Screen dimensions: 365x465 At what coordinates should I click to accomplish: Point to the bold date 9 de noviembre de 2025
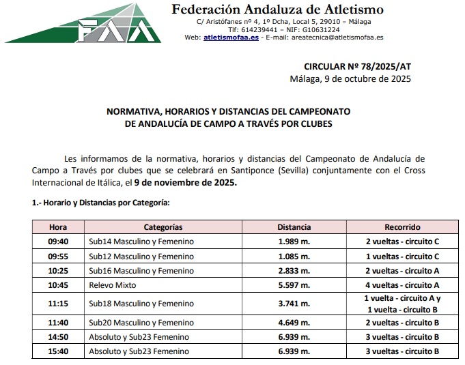pyautogui.click(x=186, y=183)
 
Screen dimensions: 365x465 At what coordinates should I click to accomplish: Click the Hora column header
pyautogui.click(x=58, y=227)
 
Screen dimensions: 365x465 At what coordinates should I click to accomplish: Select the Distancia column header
pyautogui.click(x=294, y=227)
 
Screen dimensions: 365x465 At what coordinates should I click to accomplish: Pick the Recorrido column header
pyautogui.click(x=402, y=227)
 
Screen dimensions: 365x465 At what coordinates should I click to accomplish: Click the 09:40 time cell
pyautogui.click(x=58, y=242)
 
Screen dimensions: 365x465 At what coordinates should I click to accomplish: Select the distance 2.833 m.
pyautogui.click(x=294, y=271)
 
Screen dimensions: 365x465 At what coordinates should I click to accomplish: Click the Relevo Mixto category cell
pyautogui.click(x=113, y=285)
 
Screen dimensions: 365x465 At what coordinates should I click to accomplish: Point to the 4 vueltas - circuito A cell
pyautogui.click(x=402, y=285)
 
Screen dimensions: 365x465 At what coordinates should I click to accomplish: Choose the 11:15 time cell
pyautogui.click(x=58, y=304)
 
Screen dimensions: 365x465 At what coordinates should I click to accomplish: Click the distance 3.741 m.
pyautogui.click(x=294, y=304)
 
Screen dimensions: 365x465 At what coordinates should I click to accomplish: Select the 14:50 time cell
pyautogui.click(x=58, y=336)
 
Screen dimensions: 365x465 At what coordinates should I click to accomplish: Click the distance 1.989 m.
pyautogui.click(x=294, y=242)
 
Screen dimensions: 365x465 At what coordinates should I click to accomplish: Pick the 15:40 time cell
pyautogui.click(x=58, y=351)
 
